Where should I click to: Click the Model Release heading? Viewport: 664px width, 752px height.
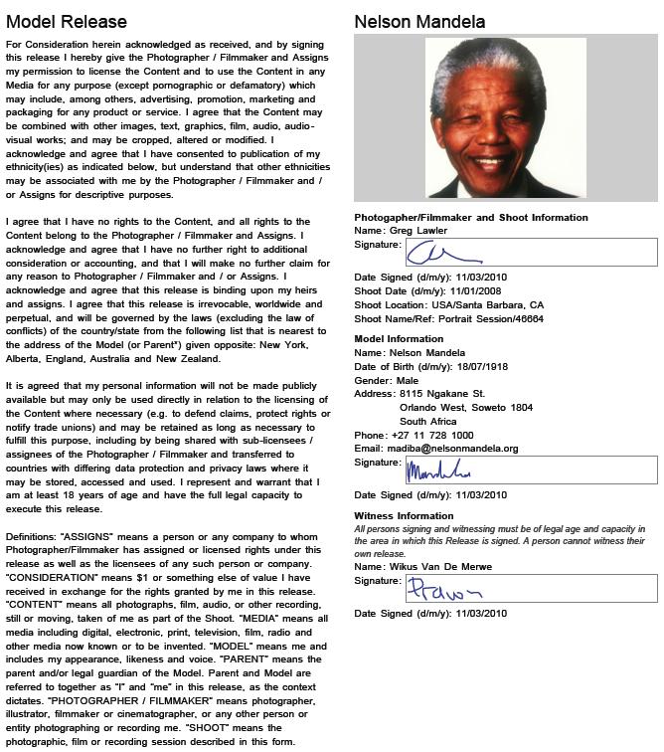67,21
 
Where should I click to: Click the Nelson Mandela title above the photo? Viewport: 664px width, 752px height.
419,21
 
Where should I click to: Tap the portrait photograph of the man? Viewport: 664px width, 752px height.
505,117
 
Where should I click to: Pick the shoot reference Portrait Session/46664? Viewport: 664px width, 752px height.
486,319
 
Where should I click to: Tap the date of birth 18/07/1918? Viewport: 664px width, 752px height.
472,366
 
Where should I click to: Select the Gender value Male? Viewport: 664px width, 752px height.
406,380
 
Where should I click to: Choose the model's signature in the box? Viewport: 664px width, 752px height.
437,470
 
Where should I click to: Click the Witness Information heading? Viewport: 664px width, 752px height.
404,515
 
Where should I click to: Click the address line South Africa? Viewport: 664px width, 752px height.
427,421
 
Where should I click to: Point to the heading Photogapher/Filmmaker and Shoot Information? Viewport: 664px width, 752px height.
471,217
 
